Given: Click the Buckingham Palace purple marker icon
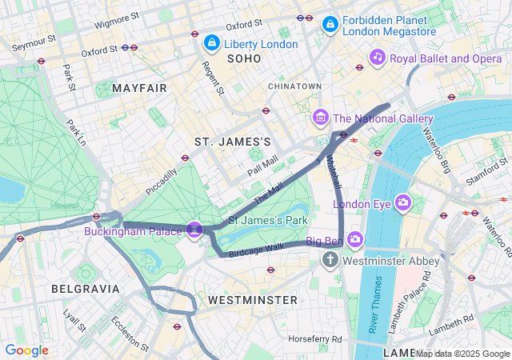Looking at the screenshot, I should pyautogui.click(x=193, y=230).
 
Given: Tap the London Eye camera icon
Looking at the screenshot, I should pyautogui.click(x=402, y=203).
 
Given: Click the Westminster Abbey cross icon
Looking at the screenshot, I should pyautogui.click(x=330, y=260).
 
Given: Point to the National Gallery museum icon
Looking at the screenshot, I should pyautogui.click(x=321, y=118).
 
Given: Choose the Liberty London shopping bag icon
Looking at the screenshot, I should pyautogui.click(x=211, y=42).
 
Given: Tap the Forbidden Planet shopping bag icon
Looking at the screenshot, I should pyautogui.click(x=330, y=25).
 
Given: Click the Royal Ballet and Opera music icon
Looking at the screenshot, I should pyautogui.click(x=378, y=58).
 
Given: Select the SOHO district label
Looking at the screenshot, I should pyautogui.click(x=244, y=59).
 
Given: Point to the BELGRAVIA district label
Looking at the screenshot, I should pyautogui.click(x=86, y=288).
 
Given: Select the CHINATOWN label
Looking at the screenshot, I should pyautogui.click(x=294, y=86).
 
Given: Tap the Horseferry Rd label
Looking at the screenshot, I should pyautogui.click(x=314, y=339).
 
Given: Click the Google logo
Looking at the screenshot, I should pyautogui.click(x=27, y=350).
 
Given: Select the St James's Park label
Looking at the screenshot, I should pyautogui.click(x=269, y=219).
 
